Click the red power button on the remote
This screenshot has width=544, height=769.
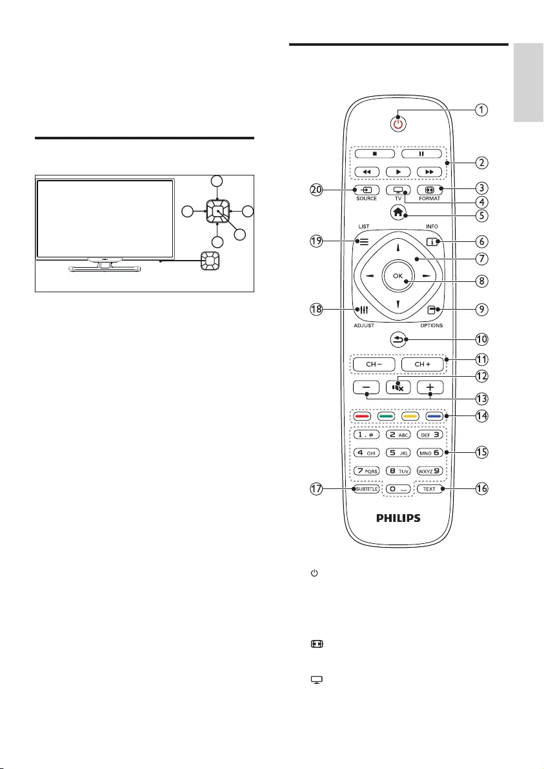398,124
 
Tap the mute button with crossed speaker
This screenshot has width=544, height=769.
398,387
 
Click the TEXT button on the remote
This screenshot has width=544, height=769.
429,490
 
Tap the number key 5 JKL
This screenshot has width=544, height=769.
398,453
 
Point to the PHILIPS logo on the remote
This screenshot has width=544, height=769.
398,517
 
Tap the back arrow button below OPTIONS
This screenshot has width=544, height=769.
398,337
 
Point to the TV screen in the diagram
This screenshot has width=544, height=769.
105,218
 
